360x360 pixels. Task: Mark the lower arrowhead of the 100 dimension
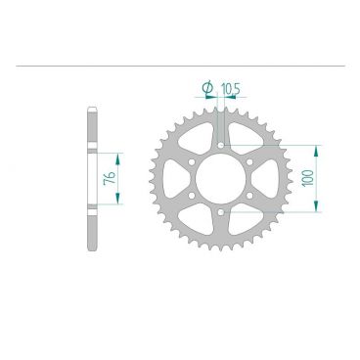[314, 208]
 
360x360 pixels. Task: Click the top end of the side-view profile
[92, 108]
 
